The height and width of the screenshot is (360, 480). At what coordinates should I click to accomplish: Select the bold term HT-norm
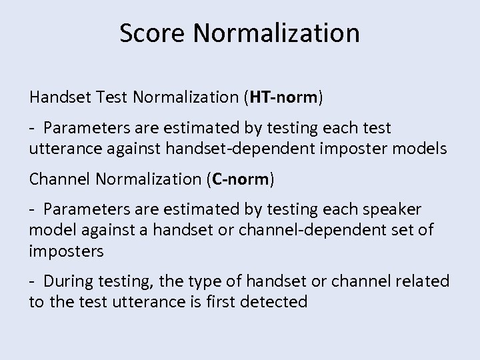[x=283, y=99]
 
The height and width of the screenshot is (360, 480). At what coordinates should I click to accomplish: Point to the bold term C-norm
[x=239, y=179]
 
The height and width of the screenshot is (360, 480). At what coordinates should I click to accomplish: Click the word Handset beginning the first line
[x=57, y=99]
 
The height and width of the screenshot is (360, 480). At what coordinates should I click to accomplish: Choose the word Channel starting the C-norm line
[x=56, y=179]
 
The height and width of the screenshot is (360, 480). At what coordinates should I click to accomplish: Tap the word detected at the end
[x=275, y=301]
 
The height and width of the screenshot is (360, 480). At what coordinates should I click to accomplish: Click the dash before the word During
[x=32, y=281]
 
